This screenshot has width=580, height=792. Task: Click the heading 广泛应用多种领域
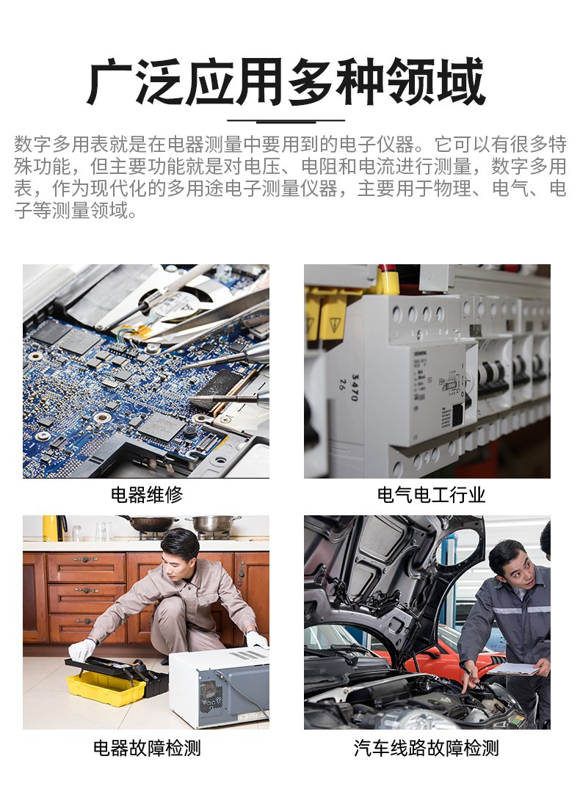286,81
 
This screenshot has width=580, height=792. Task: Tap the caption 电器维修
147,495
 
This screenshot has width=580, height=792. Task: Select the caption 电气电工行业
431,495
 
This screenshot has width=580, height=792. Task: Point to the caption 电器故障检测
147,748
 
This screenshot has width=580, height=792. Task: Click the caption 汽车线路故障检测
427,748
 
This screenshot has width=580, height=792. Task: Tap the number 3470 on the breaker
355,388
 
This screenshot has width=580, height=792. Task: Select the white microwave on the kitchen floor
219,687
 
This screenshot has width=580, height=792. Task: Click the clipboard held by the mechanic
513,669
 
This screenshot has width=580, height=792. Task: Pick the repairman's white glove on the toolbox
81,650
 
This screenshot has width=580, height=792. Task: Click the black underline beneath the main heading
286,120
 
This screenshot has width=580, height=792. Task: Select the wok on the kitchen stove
149,523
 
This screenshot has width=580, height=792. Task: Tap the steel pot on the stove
213,524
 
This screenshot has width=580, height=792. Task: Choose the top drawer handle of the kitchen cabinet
85,559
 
